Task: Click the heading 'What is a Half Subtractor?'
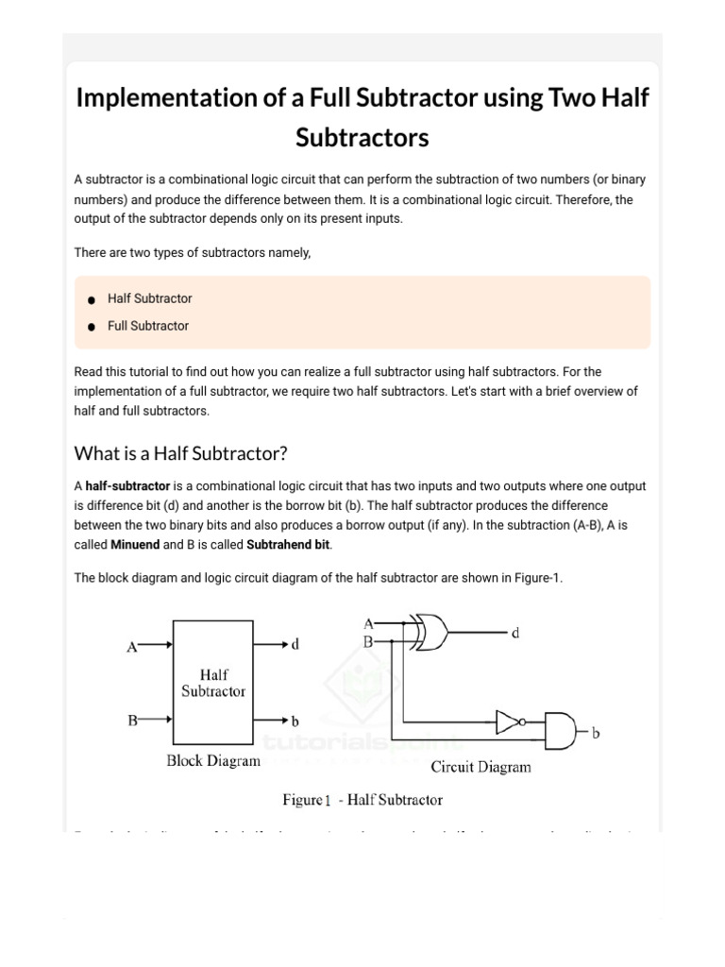coord(180,452)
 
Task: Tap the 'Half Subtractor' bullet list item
coord(149,298)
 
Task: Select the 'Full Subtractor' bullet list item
coord(147,326)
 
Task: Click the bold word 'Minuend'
coord(135,545)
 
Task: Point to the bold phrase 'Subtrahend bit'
coord(289,545)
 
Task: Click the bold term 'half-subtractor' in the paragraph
coord(127,486)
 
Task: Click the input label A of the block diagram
coord(133,647)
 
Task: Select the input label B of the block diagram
coord(133,721)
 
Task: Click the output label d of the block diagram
coord(295,645)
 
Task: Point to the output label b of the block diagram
coord(295,721)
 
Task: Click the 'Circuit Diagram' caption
coord(481,766)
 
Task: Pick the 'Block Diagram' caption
coord(212,760)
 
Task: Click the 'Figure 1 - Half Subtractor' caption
coord(362,800)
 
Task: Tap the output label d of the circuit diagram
coord(515,634)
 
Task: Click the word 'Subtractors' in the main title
coord(362,138)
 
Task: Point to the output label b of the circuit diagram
coord(597,732)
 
